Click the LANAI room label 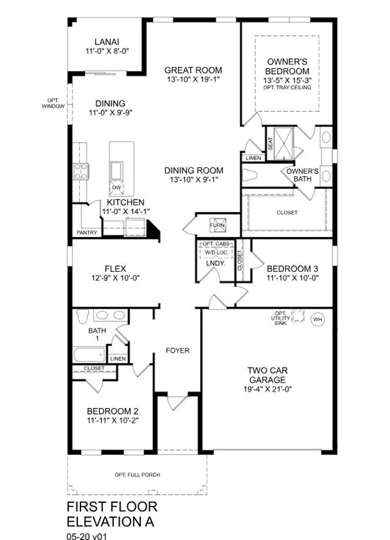tap(106, 42)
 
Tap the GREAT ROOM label tap(193, 71)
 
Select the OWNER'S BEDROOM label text tap(288, 66)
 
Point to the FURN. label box tap(218, 224)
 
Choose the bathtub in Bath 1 tap(89, 355)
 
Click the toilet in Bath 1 tap(83, 315)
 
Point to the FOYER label tap(178, 351)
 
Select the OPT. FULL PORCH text tap(137, 475)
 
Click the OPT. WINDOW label tap(53, 103)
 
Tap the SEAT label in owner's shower tap(270, 144)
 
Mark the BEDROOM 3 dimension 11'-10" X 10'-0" tap(293, 278)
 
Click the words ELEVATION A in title tap(110, 521)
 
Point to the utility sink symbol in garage tap(298, 316)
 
